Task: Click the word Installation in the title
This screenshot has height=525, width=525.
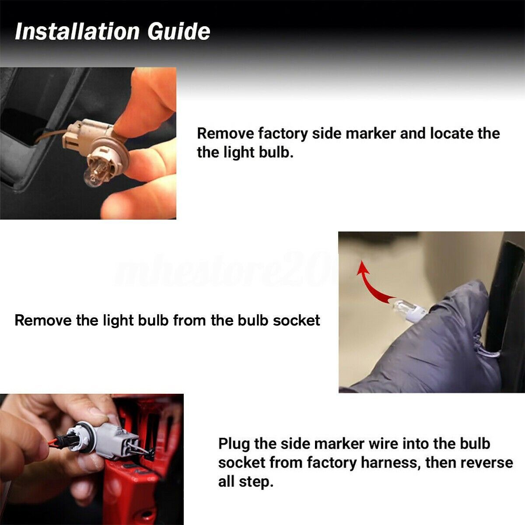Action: pyautogui.click(x=77, y=31)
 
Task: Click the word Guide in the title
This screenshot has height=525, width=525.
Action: pyautogui.click(x=179, y=31)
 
